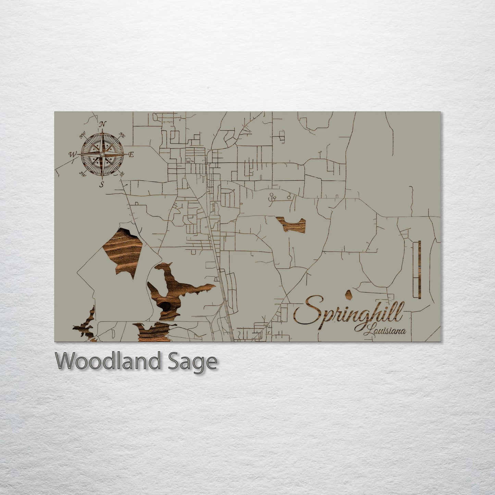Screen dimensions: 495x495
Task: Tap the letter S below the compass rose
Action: (x=102, y=185)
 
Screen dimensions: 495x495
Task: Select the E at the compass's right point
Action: (x=131, y=155)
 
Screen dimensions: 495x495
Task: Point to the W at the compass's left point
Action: (x=72, y=154)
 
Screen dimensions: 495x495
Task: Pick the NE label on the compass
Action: (x=122, y=135)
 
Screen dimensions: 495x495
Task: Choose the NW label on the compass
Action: (x=83, y=136)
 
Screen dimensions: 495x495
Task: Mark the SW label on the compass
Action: (x=83, y=173)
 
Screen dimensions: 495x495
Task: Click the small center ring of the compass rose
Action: (x=102, y=155)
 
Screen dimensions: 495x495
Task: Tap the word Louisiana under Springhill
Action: (x=385, y=331)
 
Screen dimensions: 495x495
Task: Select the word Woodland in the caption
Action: (x=108, y=361)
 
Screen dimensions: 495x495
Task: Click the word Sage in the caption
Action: (x=193, y=362)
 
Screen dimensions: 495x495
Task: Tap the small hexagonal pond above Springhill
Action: (x=349, y=294)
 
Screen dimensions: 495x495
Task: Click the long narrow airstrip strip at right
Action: (x=419, y=270)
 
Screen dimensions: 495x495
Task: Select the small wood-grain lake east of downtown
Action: (x=292, y=225)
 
